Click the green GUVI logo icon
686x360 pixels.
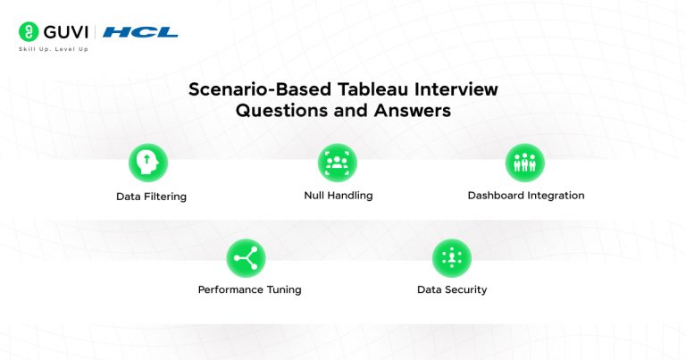point(27,31)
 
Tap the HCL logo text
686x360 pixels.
point(140,32)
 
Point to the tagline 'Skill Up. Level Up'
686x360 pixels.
point(54,49)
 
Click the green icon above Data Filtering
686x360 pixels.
point(148,163)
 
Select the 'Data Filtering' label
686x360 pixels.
point(151,196)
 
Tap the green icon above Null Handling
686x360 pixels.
point(337,163)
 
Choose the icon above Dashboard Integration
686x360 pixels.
point(524,163)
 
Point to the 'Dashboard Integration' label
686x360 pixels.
point(526,196)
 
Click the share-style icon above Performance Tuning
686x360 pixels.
point(246,258)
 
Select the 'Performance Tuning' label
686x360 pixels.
point(249,290)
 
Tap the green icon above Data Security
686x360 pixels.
point(451,258)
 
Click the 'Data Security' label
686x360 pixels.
point(452,290)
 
